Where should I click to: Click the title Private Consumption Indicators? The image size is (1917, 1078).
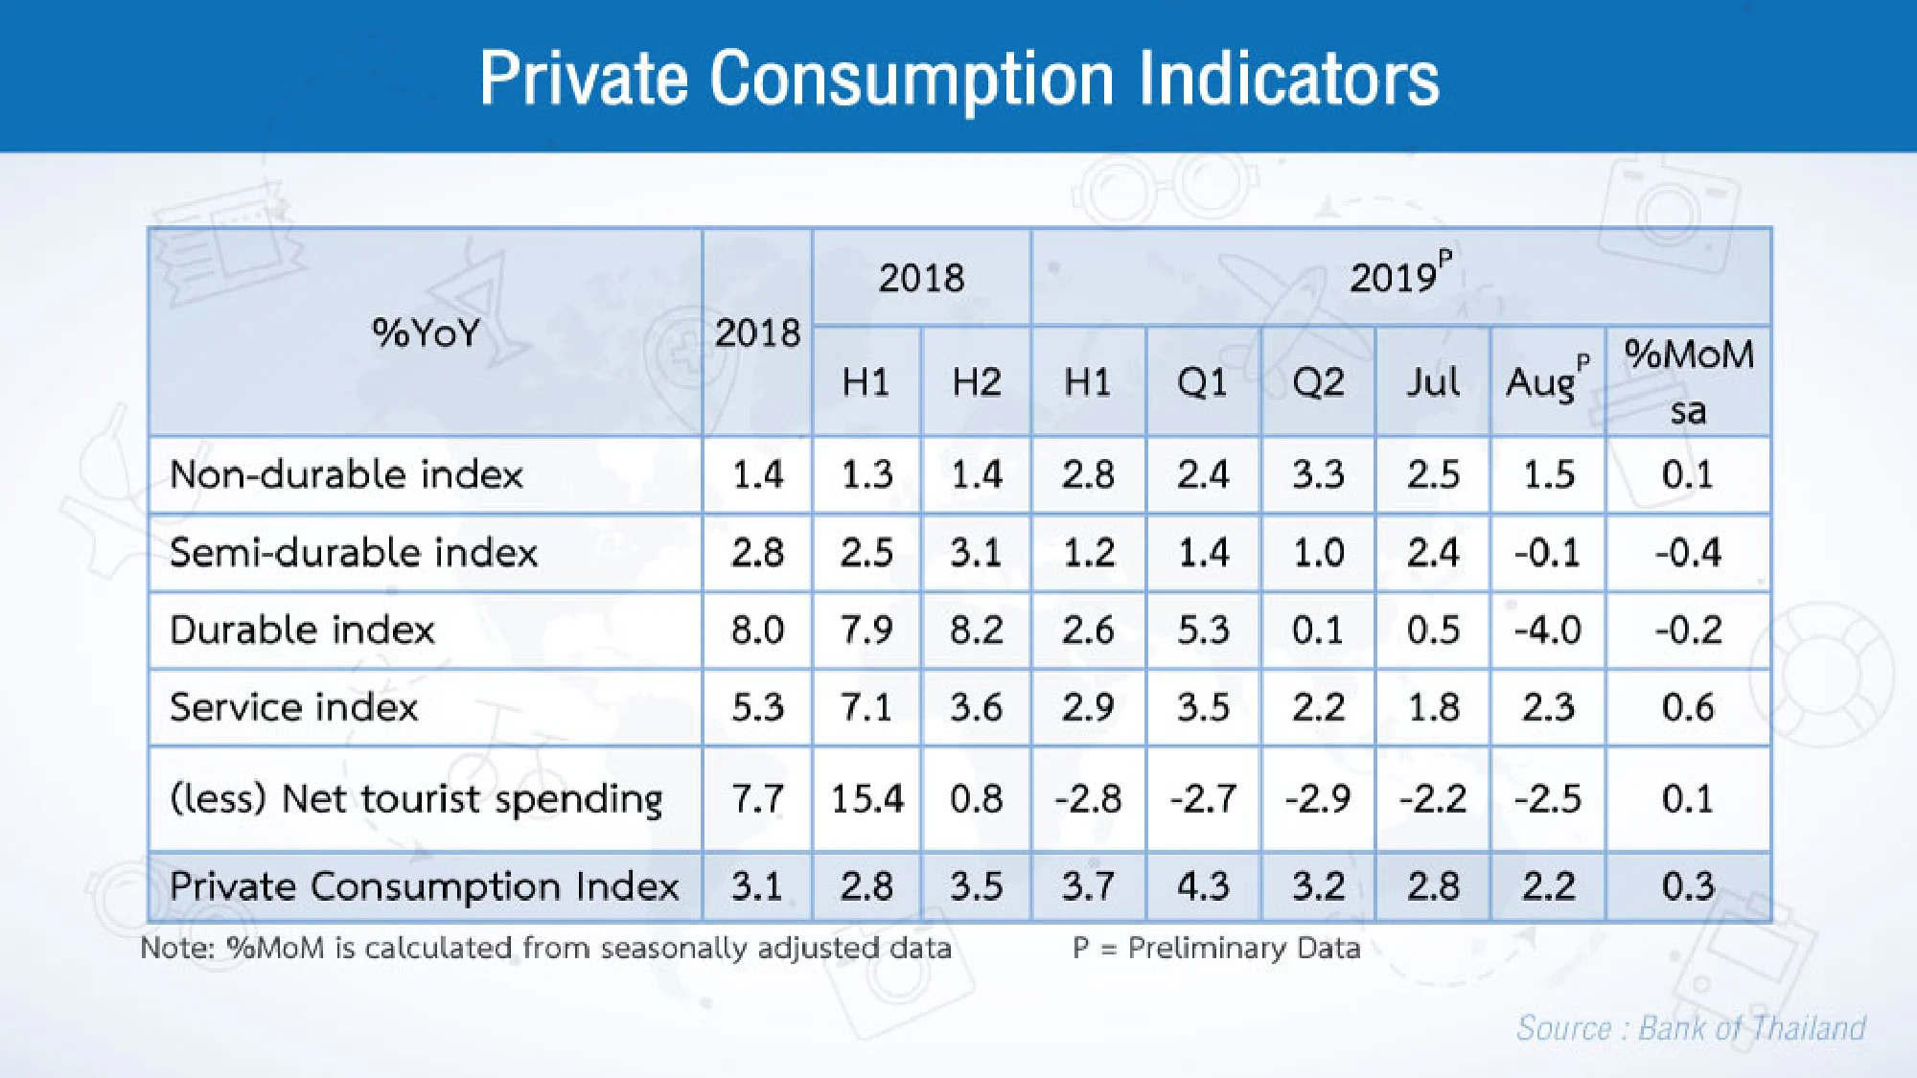coord(958,79)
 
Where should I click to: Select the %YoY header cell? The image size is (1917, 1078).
coord(426,333)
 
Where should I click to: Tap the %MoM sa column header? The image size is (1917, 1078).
coord(1688,380)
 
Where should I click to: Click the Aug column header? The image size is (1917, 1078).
coord(1546,381)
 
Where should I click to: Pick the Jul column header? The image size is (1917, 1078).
coord(1432,382)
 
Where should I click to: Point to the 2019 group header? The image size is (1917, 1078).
coord(1399,277)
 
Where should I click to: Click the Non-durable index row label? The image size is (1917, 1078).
coord(346,474)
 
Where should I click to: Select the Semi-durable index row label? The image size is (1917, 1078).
coord(353,553)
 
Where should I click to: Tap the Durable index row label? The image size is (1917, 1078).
coord(302,630)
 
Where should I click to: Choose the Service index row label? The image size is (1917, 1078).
coord(293,707)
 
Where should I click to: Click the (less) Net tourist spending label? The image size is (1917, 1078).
coord(416,798)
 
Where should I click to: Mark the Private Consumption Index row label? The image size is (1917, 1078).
coord(424,885)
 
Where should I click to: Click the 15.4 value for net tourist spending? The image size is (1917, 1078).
coord(866,798)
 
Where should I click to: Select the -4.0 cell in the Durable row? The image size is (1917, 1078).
coord(1547,630)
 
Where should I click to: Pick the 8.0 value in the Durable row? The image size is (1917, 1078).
coord(757,630)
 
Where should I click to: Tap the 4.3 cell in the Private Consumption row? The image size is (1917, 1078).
coord(1203,885)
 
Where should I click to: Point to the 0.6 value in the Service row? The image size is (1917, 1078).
coord(1687,707)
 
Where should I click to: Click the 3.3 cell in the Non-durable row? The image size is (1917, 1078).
coord(1318,474)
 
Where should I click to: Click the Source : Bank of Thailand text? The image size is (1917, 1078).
coord(1691,1028)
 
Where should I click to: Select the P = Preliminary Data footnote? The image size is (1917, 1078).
coord(1216,948)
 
